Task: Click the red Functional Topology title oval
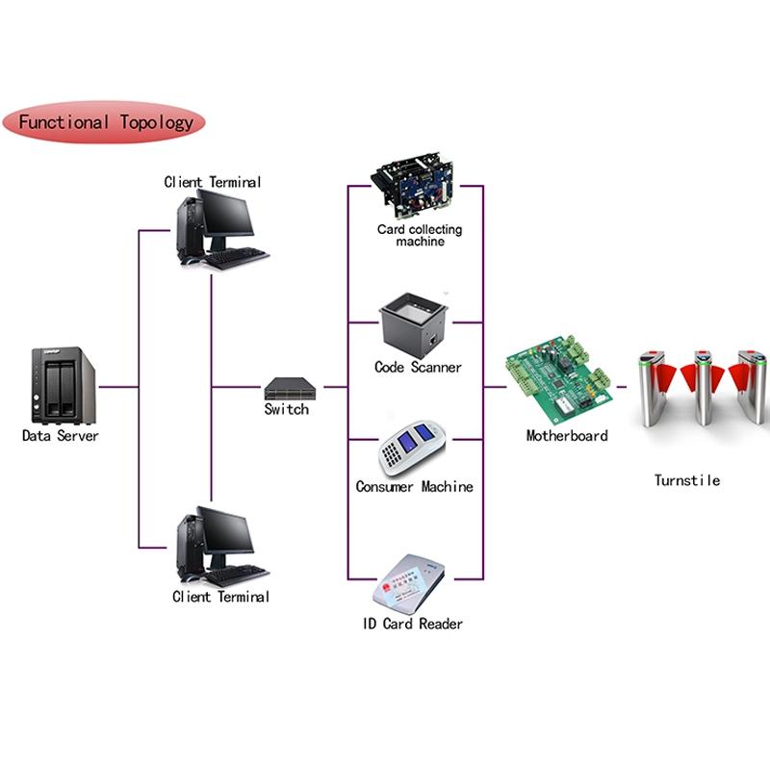[x=104, y=122]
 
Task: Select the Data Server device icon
[x=64, y=386]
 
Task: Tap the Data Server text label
[x=61, y=436]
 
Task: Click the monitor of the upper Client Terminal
[x=226, y=214]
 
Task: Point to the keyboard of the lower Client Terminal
[x=237, y=576]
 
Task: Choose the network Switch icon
[x=290, y=389]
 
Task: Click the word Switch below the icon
[x=287, y=409]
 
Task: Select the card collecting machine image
[x=414, y=187]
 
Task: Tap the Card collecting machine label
[x=420, y=235]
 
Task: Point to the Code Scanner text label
[x=418, y=368]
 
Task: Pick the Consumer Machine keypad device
[x=413, y=448]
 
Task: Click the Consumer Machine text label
[x=415, y=487]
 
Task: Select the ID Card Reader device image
[x=408, y=584]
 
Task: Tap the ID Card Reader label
[x=413, y=624]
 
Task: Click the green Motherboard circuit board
[x=559, y=378]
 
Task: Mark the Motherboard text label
[x=567, y=436]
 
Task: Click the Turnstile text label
[x=687, y=480]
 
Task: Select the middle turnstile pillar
[x=703, y=388]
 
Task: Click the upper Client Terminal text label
[x=212, y=182]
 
